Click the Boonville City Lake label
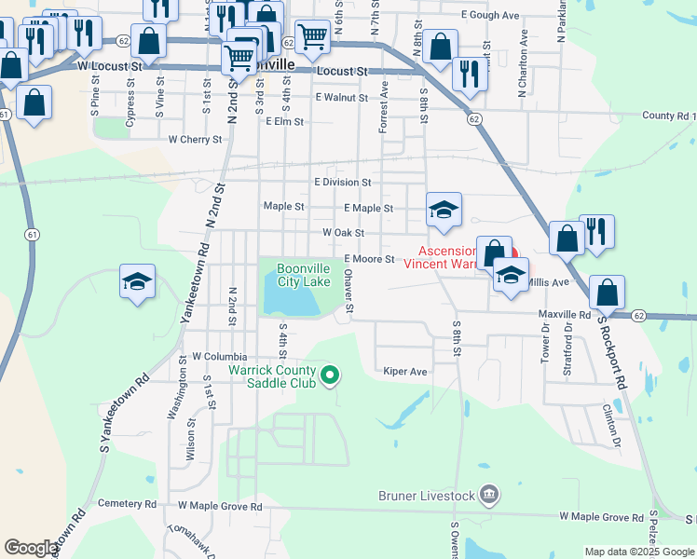pos(303,275)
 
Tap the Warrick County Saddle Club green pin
pos(329,376)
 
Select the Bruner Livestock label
pos(427,496)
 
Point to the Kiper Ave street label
pos(405,372)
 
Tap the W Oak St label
pos(343,233)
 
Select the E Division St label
pos(343,183)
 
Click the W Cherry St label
pos(195,140)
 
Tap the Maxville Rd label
pos(565,316)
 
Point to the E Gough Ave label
pos(489,16)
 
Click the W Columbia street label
pos(220,357)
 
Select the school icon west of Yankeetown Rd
pos(137,282)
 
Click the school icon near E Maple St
pos(444,210)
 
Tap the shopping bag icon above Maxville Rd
pos(607,293)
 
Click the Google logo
pos(31,549)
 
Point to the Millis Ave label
pos(548,281)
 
